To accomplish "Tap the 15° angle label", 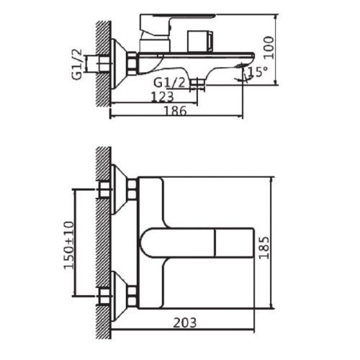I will coord(257,72).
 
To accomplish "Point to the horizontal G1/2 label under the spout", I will coord(174,83).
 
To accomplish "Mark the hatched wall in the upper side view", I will coord(102,58).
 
